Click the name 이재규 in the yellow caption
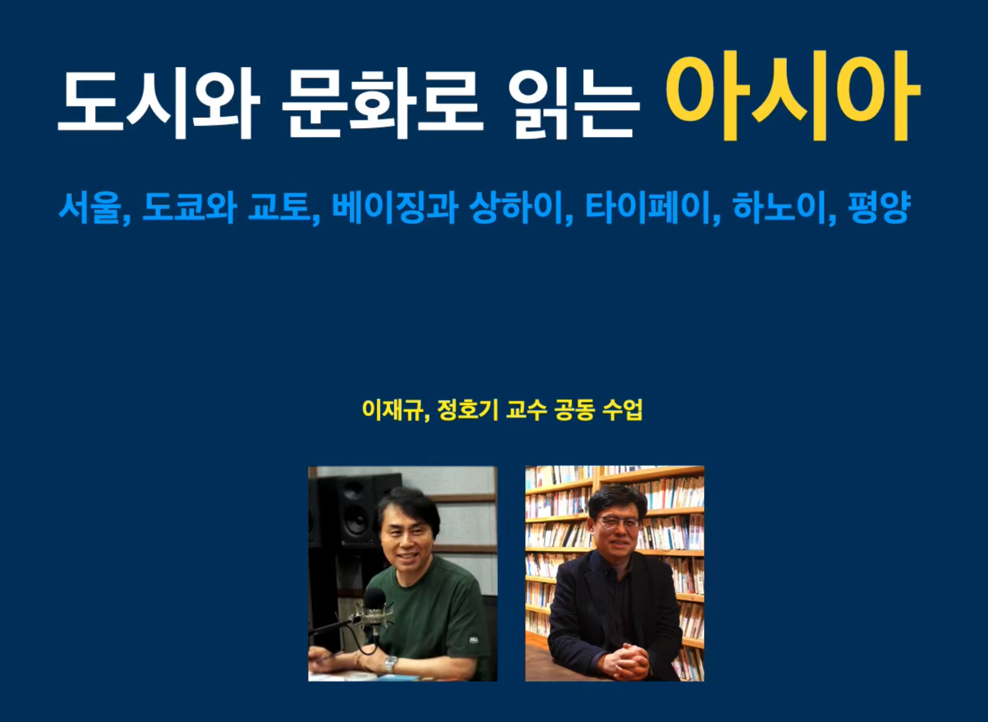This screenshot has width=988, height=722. point(392,410)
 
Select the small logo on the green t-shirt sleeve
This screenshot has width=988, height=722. point(474,640)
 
